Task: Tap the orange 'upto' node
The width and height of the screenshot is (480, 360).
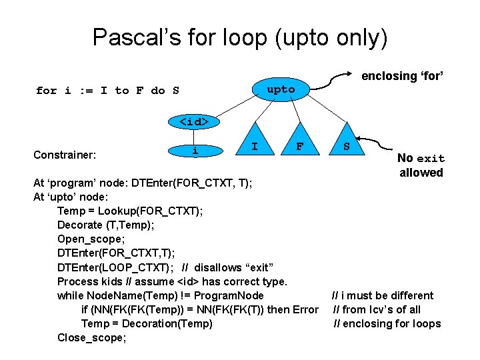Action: pyautogui.click(x=281, y=89)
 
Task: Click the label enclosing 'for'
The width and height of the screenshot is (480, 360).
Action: pyautogui.click(x=402, y=76)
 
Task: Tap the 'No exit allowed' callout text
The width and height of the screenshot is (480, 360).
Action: pyautogui.click(x=421, y=165)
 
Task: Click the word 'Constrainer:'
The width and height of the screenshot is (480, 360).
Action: pyautogui.click(x=65, y=155)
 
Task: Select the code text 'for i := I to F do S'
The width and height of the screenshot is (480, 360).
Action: pyautogui.click(x=107, y=91)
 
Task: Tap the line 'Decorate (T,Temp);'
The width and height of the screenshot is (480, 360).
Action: pyautogui.click(x=105, y=225)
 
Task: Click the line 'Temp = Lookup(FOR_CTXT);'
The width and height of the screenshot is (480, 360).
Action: pyautogui.click(x=130, y=211)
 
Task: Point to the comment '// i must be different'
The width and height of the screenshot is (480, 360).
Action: pyautogui.click(x=383, y=295)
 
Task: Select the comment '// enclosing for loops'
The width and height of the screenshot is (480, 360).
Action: pyautogui.click(x=387, y=323)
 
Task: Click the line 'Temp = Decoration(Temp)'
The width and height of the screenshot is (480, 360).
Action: pyautogui.click(x=147, y=323)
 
